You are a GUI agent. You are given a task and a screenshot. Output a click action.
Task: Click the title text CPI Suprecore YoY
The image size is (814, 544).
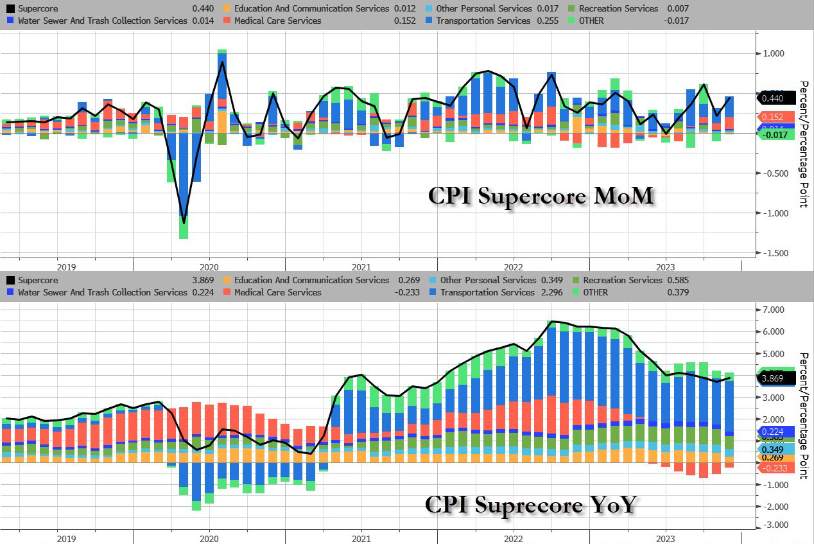point(530,504)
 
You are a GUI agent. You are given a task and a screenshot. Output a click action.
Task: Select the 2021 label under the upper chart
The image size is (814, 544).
point(361,267)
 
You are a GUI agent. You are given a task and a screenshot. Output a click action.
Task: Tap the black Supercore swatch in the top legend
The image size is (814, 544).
point(10,8)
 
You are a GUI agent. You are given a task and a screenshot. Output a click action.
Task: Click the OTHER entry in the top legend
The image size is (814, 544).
point(593,21)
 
